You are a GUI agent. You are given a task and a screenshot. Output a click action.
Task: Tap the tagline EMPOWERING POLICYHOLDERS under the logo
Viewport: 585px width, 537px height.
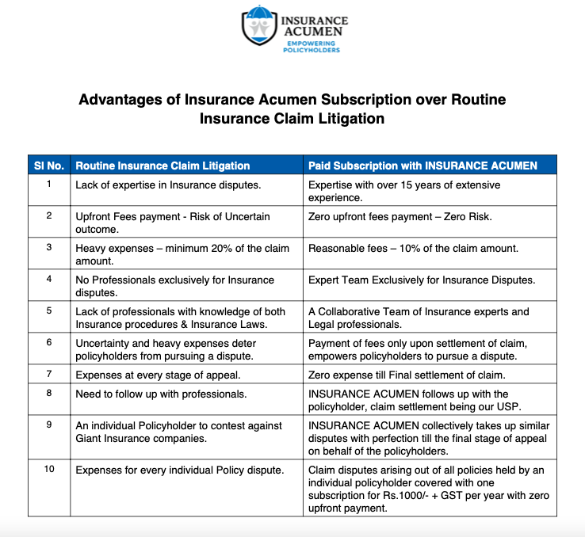pyautogui.click(x=312, y=46)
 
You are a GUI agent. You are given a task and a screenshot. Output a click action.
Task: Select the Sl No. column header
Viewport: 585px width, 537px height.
pyautogui.click(x=48, y=166)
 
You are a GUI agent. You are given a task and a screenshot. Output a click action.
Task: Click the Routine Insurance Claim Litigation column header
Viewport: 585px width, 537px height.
pyautogui.click(x=162, y=166)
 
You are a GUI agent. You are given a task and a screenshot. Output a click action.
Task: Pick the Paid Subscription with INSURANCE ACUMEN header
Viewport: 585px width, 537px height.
pyautogui.click(x=422, y=166)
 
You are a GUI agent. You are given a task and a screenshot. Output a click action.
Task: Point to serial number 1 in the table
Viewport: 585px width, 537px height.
pyautogui.click(x=48, y=185)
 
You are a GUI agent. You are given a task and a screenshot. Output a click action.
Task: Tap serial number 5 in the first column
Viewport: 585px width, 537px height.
pyautogui.click(x=48, y=310)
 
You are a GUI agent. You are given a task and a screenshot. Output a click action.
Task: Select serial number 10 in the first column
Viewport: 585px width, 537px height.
pyautogui.click(x=49, y=469)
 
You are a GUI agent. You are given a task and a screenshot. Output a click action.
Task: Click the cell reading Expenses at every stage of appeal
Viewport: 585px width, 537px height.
pyautogui.click(x=158, y=374)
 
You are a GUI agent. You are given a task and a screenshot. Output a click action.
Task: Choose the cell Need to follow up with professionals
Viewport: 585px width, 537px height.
pyautogui.click(x=161, y=394)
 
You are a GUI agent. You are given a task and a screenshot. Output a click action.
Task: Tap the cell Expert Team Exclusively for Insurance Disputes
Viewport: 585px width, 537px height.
pyautogui.click(x=421, y=280)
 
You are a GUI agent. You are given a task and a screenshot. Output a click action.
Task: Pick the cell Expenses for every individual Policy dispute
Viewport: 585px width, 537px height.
pyautogui.click(x=179, y=470)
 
